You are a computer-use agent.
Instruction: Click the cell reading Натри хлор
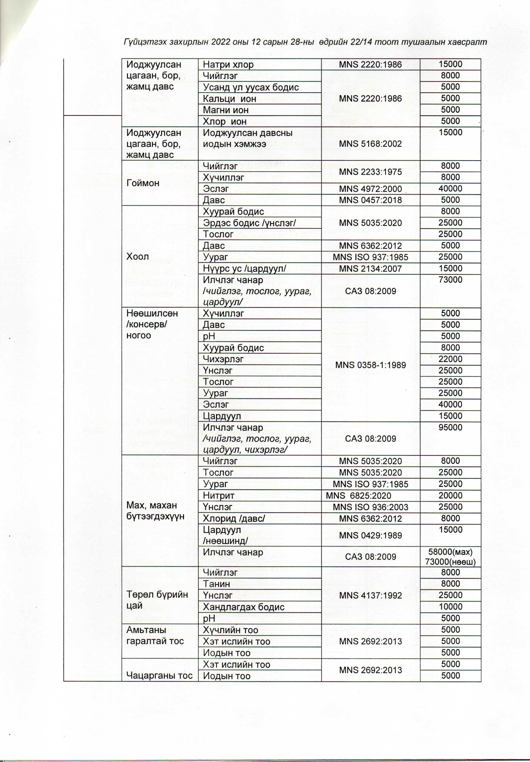point(228,64)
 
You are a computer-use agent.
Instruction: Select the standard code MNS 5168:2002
point(370,144)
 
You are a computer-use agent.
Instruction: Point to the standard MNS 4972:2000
point(370,189)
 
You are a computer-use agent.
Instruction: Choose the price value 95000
point(450,427)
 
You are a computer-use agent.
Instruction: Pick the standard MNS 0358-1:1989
point(370,365)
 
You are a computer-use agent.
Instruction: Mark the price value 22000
point(450,359)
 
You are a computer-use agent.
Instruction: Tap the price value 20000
point(450,495)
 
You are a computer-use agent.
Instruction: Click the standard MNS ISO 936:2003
point(370,507)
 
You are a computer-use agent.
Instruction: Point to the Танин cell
point(216,584)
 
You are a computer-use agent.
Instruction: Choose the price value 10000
point(450,607)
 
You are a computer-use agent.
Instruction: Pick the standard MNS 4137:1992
point(370,595)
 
